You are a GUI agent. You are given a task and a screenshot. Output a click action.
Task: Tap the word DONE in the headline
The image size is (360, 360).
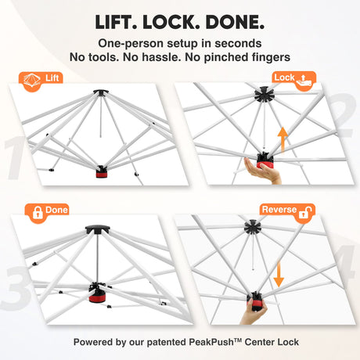pos(235,22)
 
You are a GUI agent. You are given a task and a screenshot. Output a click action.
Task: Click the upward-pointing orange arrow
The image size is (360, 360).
pos(283,139)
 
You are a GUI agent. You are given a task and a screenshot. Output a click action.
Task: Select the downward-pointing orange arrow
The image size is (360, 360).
pos(279,274)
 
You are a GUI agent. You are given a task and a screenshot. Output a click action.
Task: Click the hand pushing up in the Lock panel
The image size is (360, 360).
pos(262,171)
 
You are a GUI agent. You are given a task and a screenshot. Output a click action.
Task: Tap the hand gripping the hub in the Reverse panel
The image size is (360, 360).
pos(253,311)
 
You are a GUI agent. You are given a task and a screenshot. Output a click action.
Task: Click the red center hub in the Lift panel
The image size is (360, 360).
pos(101,172)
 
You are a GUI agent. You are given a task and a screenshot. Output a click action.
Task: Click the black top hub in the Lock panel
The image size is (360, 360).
pos(264,94)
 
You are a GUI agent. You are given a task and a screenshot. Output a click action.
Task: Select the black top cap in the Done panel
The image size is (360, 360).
pos(98,229)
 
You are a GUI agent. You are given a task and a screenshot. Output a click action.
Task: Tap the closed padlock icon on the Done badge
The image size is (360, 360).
pos(38,213)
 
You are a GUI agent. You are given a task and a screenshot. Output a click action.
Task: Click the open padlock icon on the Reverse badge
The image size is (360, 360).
pos(305,212)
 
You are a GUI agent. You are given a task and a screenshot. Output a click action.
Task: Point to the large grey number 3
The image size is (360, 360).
pos(17,288)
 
